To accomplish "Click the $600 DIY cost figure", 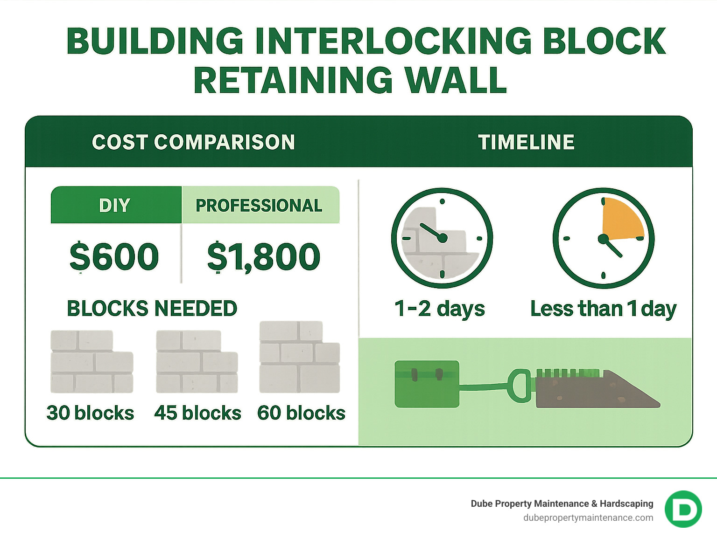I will [114, 256].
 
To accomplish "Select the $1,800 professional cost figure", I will [264, 256].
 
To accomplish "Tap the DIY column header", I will [115, 205].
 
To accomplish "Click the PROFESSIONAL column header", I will [259, 205].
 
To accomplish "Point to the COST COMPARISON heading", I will [193, 142].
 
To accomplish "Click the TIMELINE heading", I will [526, 142].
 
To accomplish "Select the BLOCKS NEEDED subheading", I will [152, 309].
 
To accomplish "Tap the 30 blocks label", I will [90, 413].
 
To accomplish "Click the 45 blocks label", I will [198, 413].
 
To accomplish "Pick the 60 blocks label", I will [301, 413].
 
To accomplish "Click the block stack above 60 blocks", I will [299, 357].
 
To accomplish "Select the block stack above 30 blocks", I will [91, 362].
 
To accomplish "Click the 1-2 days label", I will [440, 309].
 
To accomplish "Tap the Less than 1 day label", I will [603, 309].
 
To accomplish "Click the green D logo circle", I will [683, 509].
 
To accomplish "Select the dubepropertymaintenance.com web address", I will [588, 517].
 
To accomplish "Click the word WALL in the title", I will [456, 80].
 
